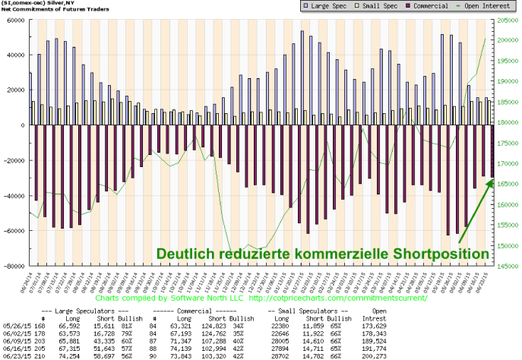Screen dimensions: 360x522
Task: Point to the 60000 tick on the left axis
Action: (x=14, y=20)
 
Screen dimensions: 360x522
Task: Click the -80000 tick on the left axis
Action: (x=13, y=267)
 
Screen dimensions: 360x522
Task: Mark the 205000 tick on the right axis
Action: (x=508, y=20)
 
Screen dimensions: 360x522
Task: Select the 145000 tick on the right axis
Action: (x=508, y=267)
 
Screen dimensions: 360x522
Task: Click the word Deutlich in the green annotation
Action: (x=186, y=253)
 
